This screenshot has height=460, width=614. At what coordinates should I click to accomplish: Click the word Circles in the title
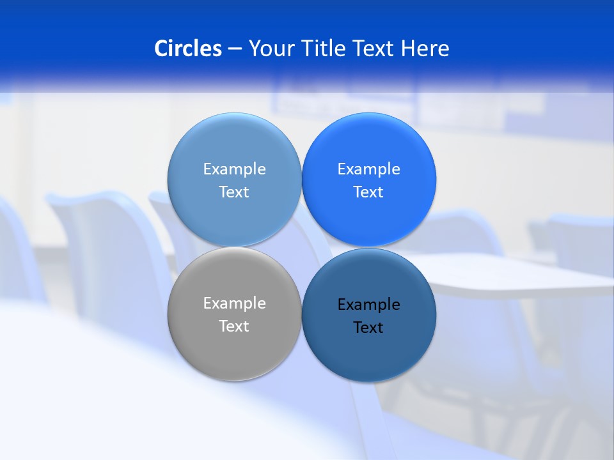coord(188,49)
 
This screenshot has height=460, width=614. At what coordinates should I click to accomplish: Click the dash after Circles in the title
coord(235,49)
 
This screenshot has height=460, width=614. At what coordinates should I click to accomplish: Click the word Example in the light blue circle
coord(234,169)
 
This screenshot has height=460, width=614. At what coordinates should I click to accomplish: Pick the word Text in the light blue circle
coord(234,192)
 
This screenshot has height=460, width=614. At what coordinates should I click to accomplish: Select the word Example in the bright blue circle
coord(368,169)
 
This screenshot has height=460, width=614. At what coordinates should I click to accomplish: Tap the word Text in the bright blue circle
coord(368,192)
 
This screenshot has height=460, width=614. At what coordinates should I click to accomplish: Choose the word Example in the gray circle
coord(234,303)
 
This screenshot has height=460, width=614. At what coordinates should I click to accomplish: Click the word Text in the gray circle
coord(234,326)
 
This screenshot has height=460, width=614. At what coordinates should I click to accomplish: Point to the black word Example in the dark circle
coord(368,304)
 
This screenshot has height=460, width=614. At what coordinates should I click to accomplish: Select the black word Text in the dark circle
coord(368,327)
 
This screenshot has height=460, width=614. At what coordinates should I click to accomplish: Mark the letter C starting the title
coord(161,49)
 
